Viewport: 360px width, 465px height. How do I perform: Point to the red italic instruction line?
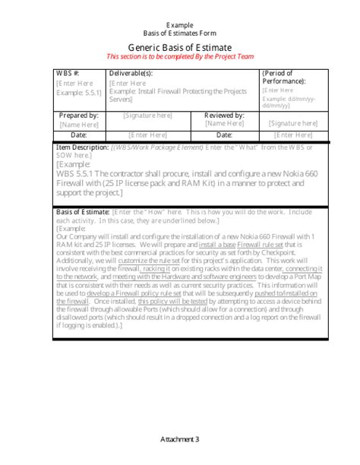(x=179, y=56)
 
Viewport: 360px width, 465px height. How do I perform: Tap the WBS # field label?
(x=68, y=74)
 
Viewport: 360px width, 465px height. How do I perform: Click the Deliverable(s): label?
(x=131, y=74)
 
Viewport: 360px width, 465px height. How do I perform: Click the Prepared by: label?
(x=78, y=115)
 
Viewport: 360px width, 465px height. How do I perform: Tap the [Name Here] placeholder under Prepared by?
(x=78, y=123)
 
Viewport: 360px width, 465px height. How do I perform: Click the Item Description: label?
(x=83, y=147)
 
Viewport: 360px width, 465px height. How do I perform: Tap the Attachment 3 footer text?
(x=180, y=439)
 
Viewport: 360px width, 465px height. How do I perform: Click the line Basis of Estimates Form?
(x=179, y=34)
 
